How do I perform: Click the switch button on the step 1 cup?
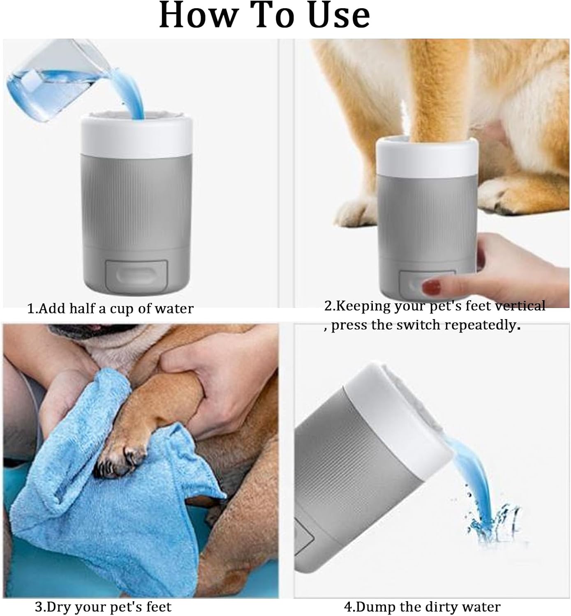pyautogui.click(x=136, y=274)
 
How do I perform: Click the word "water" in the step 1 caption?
pyautogui.click(x=174, y=309)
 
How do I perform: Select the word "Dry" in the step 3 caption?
pyautogui.click(x=59, y=607)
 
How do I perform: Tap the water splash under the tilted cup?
pyautogui.click(x=494, y=524)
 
